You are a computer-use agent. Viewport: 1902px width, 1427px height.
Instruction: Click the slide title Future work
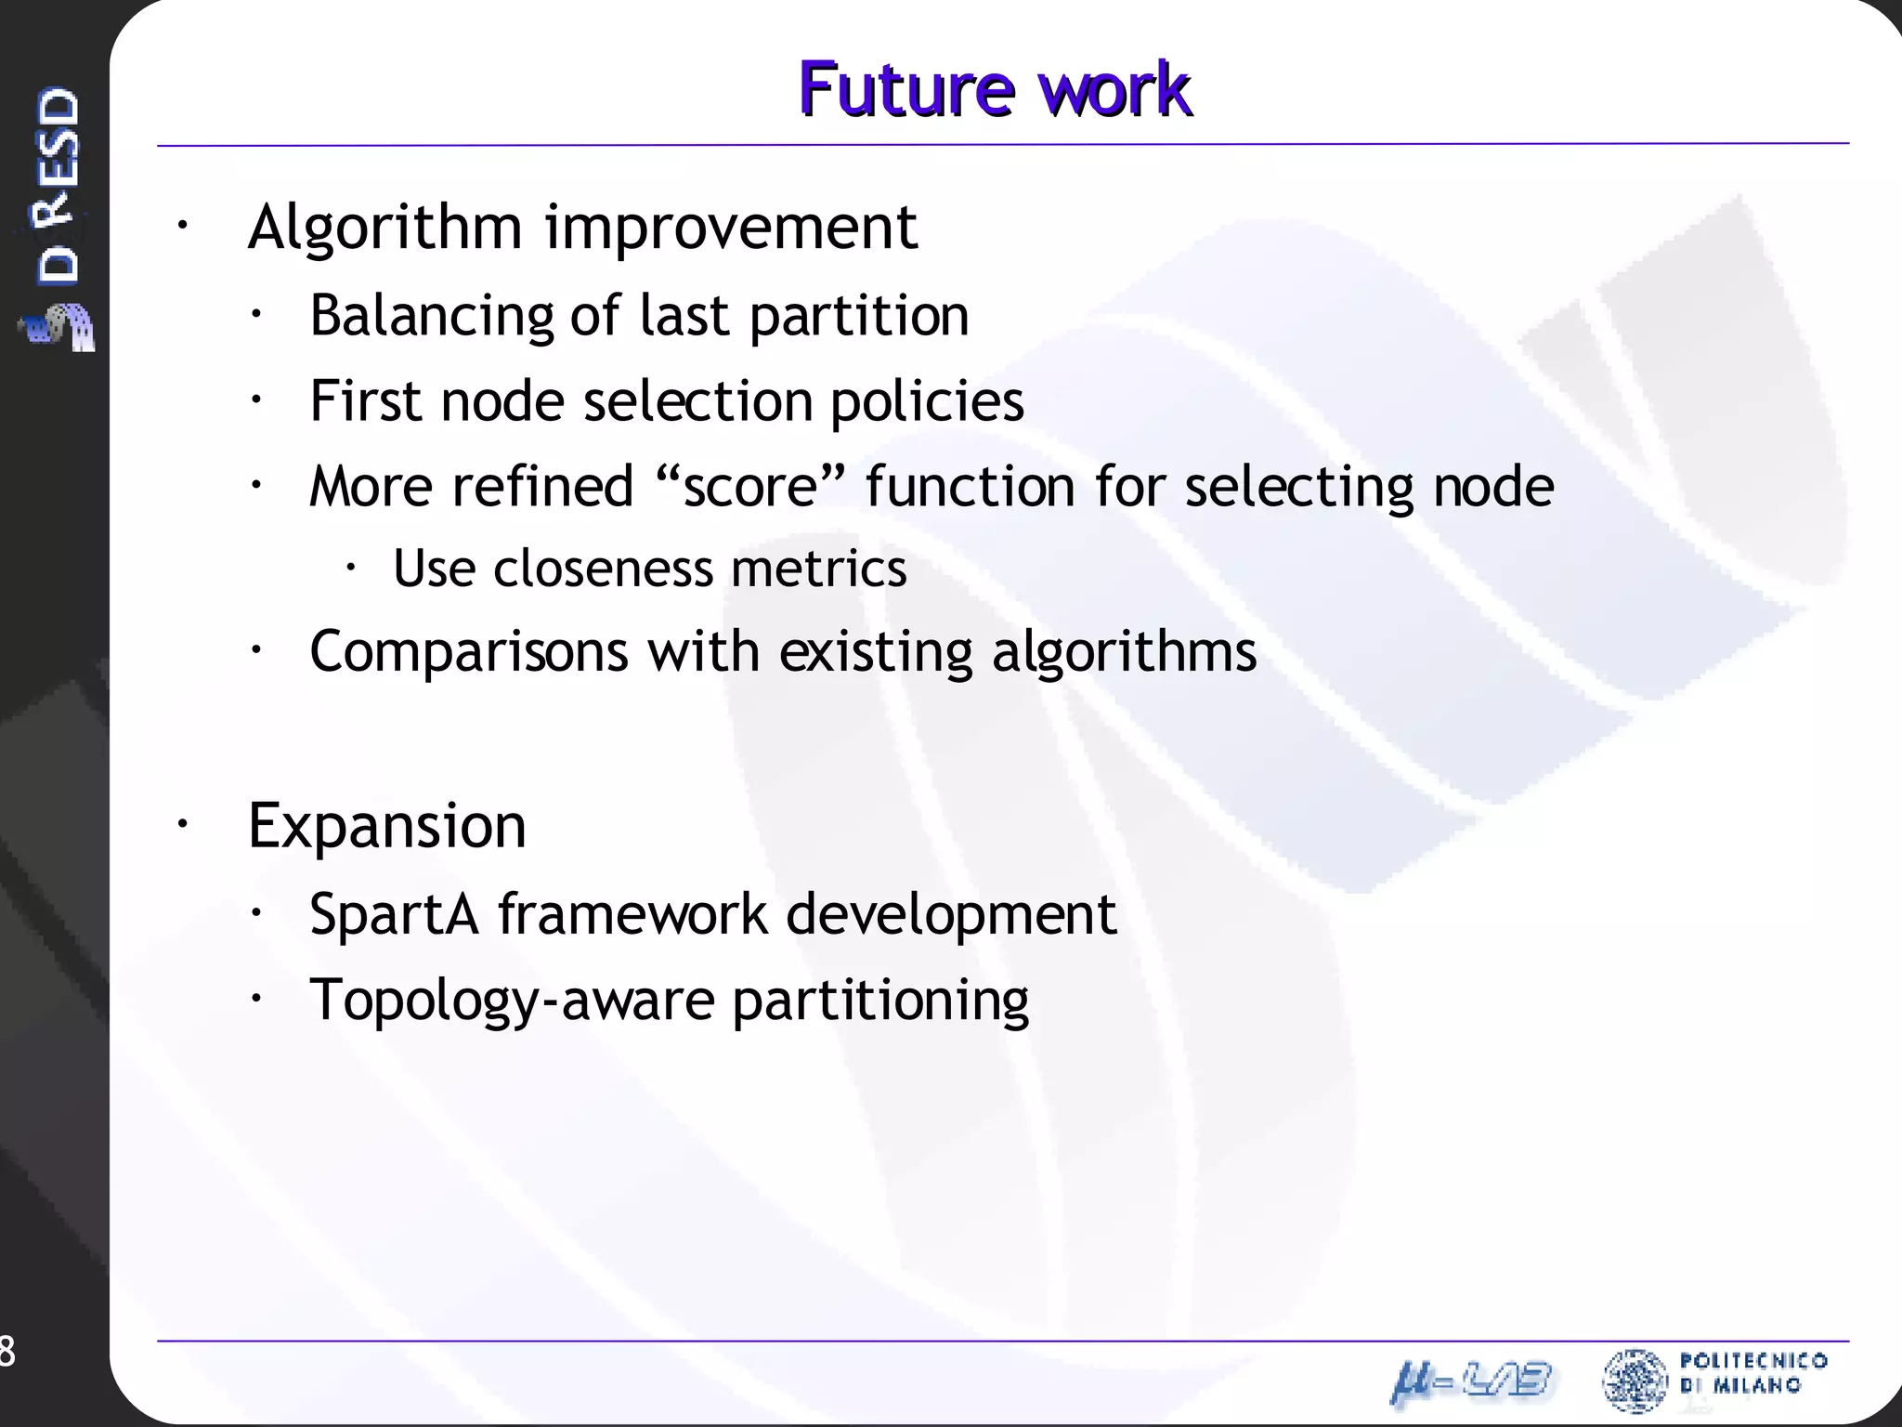coord(994,90)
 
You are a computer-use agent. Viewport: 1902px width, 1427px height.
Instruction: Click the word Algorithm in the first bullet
coord(384,228)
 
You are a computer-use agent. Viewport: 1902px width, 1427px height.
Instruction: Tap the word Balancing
coord(431,316)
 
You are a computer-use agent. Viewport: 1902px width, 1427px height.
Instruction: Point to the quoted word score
coord(749,486)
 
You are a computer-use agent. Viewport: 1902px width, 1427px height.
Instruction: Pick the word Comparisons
coord(468,651)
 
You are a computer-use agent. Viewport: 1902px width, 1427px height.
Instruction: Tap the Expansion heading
coord(386,826)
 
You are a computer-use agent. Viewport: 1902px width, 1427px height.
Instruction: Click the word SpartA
coord(394,914)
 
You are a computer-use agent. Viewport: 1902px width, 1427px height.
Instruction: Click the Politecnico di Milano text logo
coord(1752,1373)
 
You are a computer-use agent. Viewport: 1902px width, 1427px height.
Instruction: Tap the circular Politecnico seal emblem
coord(1635,1381)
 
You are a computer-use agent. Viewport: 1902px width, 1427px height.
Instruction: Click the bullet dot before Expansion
coord(183,823)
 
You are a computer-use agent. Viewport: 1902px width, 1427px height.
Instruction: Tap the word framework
coord(632,914)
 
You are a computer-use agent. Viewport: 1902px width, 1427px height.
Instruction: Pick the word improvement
coord(731,228)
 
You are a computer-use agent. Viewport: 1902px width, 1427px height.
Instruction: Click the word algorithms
coord(1124,651)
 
